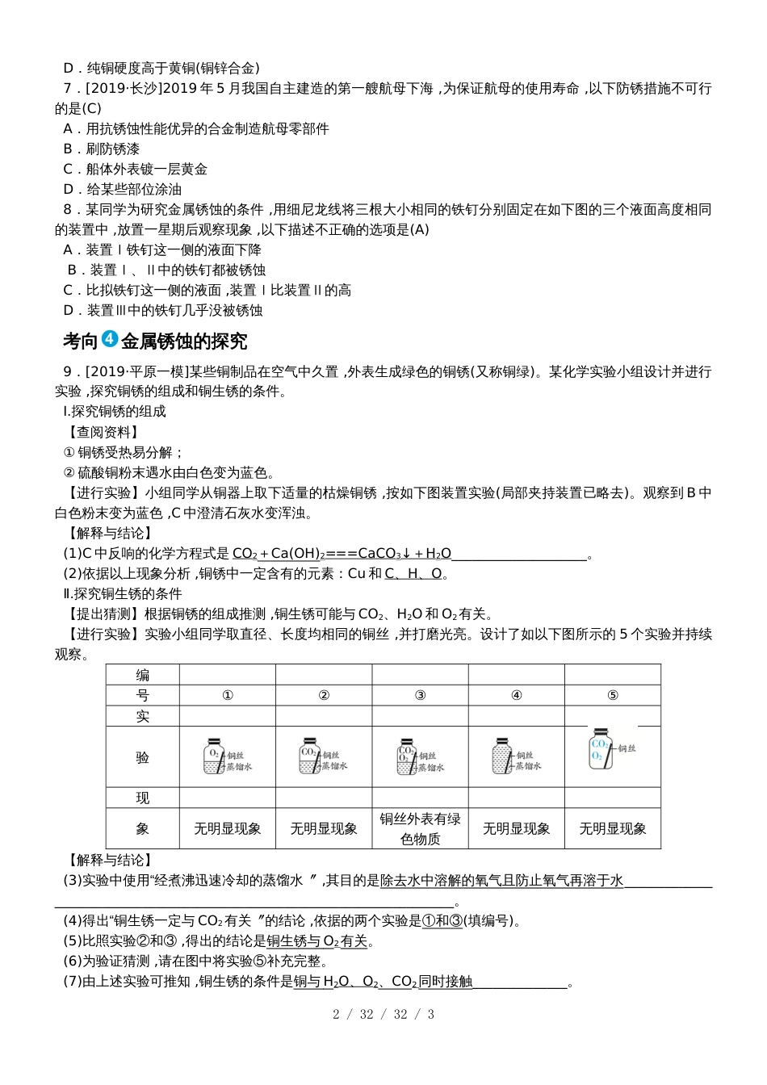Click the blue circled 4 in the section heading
coord(111,340)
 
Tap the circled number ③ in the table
coord(420,695)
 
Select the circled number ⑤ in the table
coord(612,695)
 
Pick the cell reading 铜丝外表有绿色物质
coord(420,828)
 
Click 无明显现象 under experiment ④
coord(516,828)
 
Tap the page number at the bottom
coord(383,1014)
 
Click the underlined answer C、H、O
coord(413,573)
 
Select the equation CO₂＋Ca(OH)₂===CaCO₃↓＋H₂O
coord(342,553)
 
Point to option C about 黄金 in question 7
coord(136,169)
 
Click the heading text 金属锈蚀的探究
coord(184,341)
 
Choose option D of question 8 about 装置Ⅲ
coord(163,310)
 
